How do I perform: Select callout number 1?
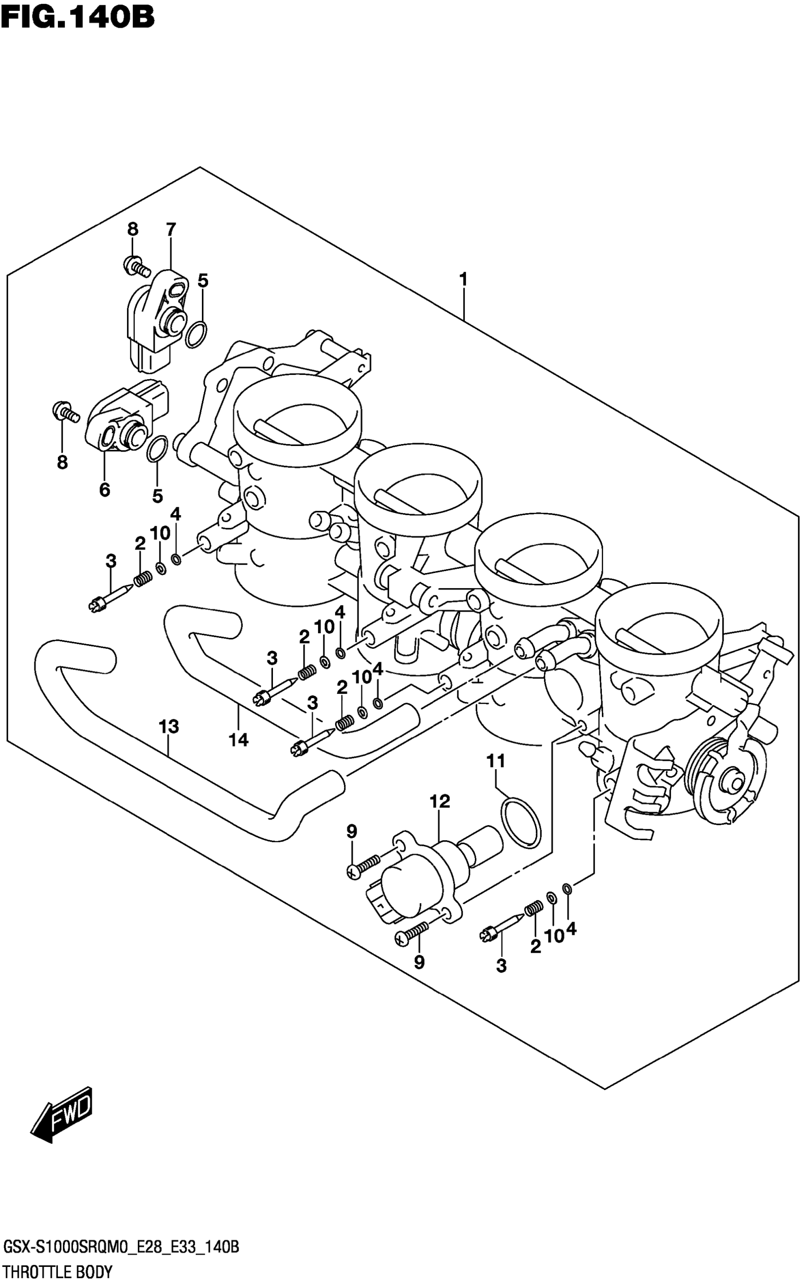tap(464, 280)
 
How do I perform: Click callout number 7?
tap(170, 230)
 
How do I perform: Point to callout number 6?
tap(105, 490)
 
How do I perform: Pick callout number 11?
tap(496, 762)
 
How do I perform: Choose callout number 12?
tap(440, 802)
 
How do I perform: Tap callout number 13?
tap(169, 727)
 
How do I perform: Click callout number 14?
tap(238, 740)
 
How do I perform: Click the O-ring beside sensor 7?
tap(196, 334)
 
